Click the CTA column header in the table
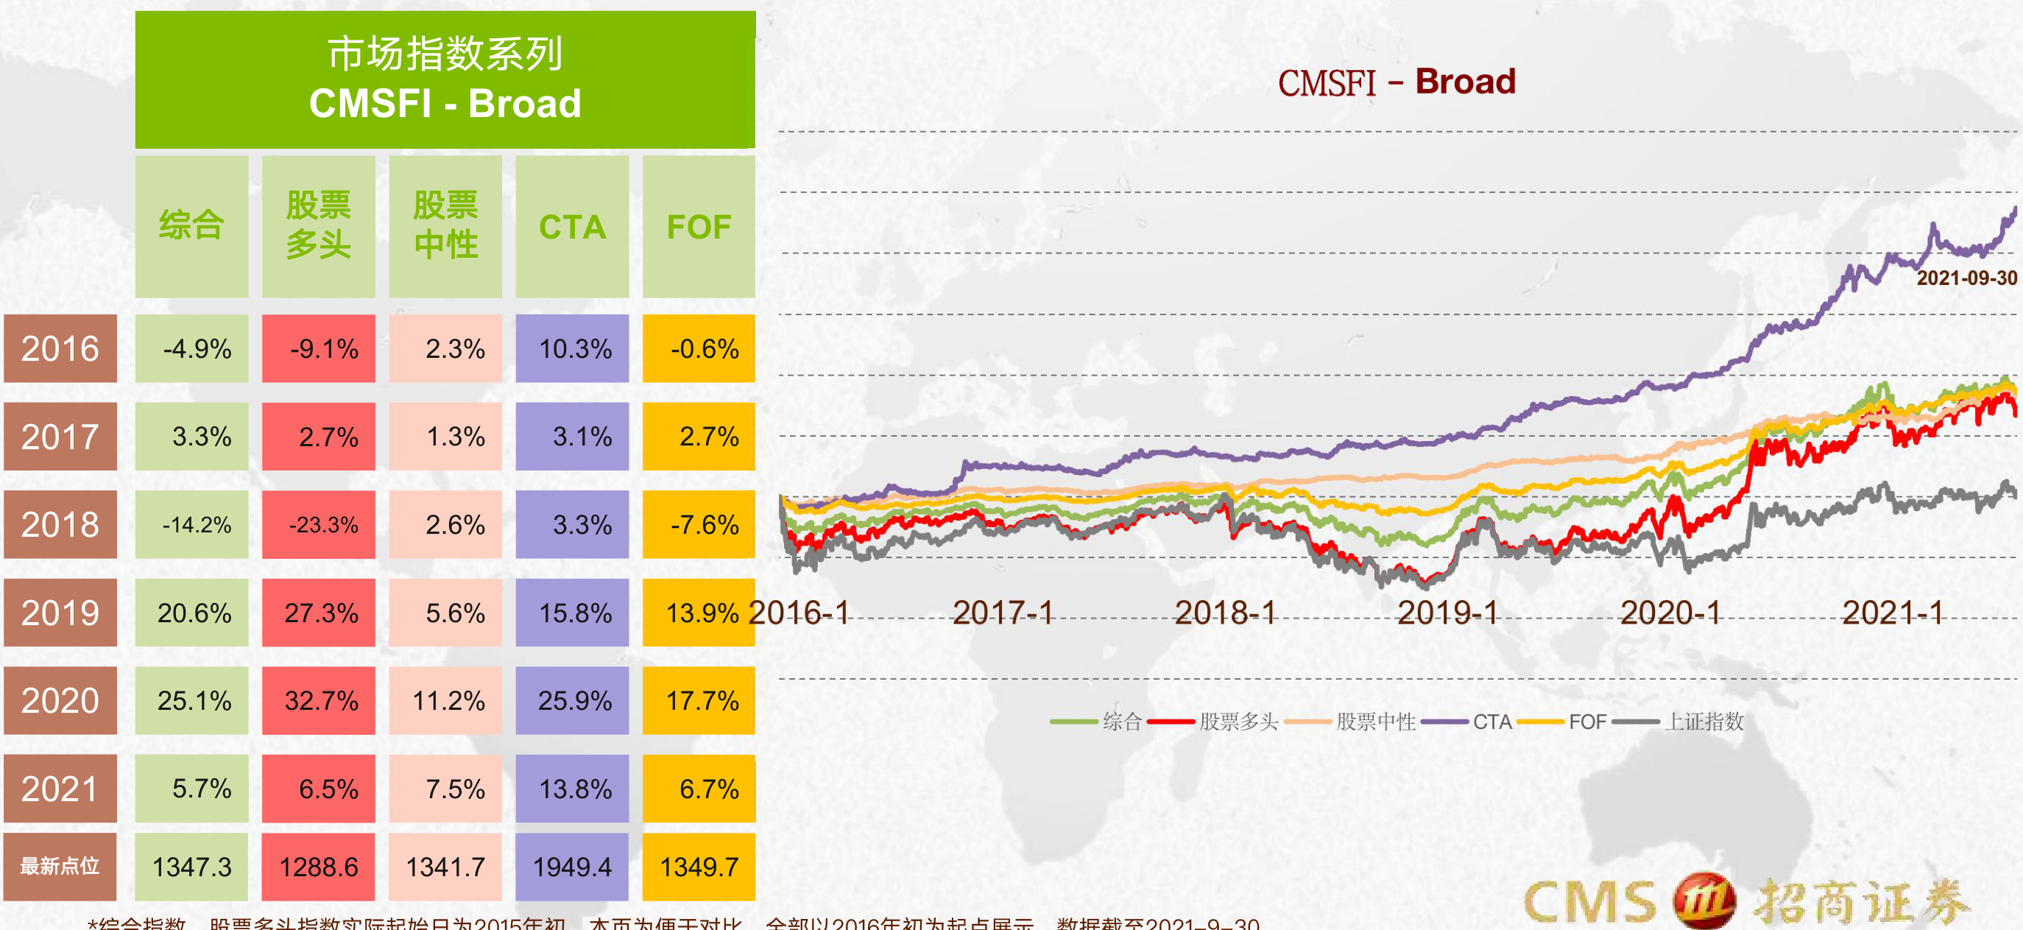[572, 227]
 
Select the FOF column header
[698, 227]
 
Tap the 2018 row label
[60, 525]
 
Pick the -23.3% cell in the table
[319, 525]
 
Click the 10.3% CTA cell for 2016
[573, 349]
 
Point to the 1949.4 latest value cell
[572, 867]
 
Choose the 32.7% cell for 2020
[319, 701]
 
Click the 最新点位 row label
[60, 867]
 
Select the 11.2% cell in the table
[445, 701]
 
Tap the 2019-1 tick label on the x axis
[1447, 613]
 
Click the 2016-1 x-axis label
[799, 613]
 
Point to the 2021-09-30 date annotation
[1966, 278]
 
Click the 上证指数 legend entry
[1703, 722]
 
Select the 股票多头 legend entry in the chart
[1238, 722]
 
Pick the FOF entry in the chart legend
[1586, 722]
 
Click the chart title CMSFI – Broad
[1397, 82]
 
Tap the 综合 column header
[191, 227]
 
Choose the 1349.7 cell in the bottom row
[699, 867]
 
